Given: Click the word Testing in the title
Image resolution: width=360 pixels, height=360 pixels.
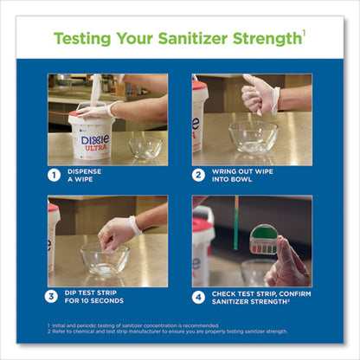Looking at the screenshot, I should pyautogui.click(x=86, y=38).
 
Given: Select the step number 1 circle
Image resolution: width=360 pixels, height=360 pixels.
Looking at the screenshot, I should pyautogui.click(x=55, y=176).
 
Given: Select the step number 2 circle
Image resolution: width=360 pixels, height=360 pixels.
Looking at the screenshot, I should pyautogui.click(x=198, y=176).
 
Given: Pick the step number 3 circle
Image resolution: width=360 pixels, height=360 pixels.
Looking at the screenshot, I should pyautogui.click(x=55, y=296).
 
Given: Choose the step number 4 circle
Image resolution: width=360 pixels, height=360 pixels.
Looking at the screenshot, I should pyautogui.click(x=198, y=296).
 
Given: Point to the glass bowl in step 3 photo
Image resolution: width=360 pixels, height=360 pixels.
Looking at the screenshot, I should pyautogui.click(x=104, y=259).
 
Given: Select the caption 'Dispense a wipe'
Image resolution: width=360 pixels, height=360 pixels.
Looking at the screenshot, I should pyautogui.click(x=90, y=176).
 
